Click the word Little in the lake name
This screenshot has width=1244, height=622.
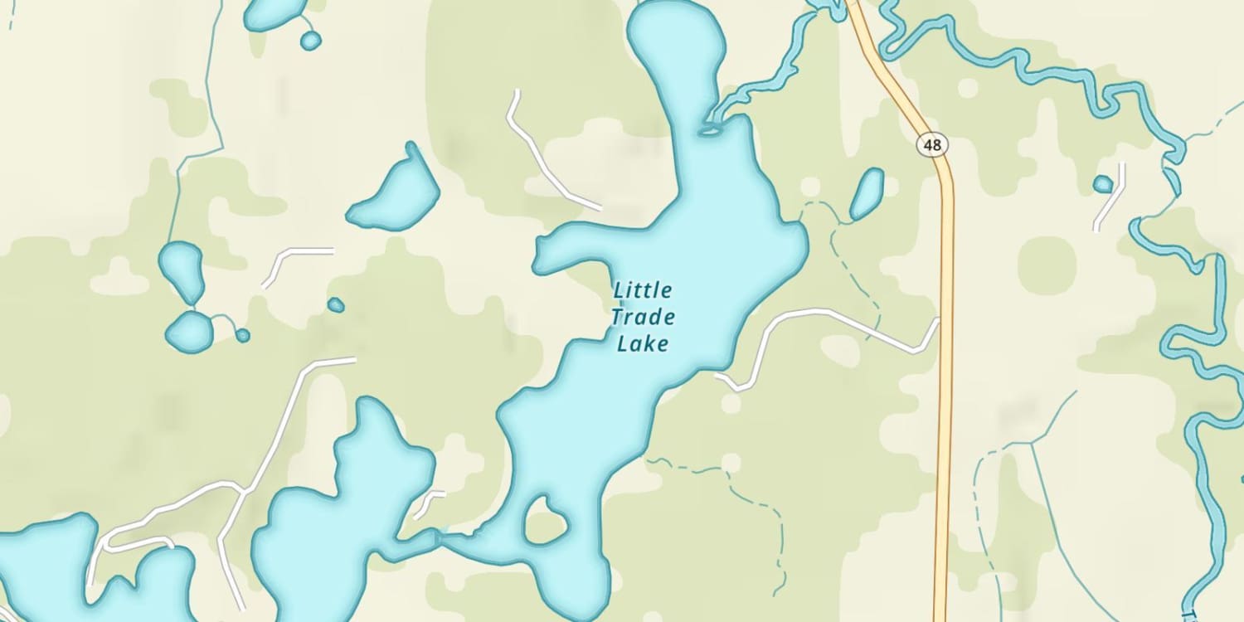(x=643, y=291)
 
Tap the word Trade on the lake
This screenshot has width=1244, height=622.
(x=643, y=317)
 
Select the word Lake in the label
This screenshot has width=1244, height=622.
(x=643, y=343)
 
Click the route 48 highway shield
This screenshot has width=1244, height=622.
(x=932, y=145)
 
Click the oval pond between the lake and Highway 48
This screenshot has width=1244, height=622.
(x=867, y=194)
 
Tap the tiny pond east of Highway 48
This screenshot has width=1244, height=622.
(x=1102, y=184)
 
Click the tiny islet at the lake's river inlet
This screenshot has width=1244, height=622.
(x=710, y=130)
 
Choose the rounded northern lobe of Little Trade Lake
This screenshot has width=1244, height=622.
(x=676, y=41)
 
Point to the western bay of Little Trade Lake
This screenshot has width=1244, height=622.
(x=564, y=249)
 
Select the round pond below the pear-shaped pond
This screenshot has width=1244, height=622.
(x=189, y=333)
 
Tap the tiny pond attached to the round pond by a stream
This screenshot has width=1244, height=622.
(x=242, y=335)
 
